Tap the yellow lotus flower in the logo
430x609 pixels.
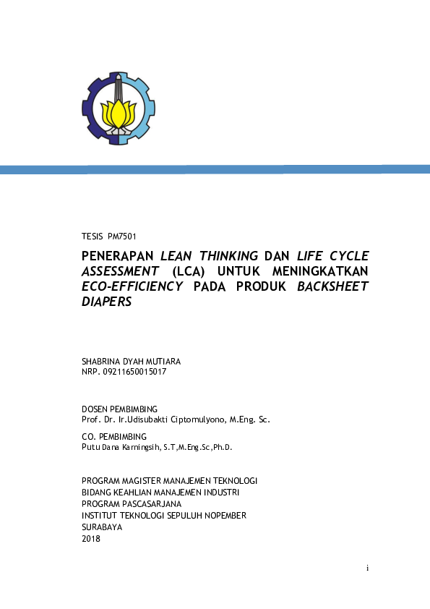119,114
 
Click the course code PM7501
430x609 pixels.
121,237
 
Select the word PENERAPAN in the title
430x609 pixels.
116,255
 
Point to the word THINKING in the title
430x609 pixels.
229,255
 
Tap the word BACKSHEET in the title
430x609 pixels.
335,286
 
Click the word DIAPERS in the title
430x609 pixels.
107,301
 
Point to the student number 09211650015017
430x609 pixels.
136,372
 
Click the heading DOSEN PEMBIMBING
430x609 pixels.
119,409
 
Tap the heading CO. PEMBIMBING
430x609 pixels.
114,437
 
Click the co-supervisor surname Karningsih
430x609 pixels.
150,448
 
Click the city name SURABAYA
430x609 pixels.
102,527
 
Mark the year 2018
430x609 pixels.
92,539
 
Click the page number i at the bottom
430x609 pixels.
367,568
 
